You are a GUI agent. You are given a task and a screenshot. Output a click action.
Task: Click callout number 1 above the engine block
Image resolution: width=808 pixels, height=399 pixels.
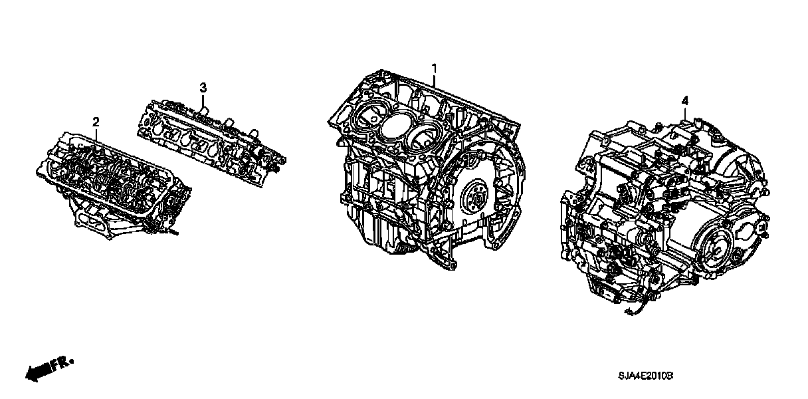pyautogui.click(x=435, y=68)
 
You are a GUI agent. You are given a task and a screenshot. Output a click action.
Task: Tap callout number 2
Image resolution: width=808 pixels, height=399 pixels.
pyautogui.click(x=96, y=122)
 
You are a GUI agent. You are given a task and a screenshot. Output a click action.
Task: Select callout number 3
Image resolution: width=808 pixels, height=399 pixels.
pyautogui.click(x=203, y=87)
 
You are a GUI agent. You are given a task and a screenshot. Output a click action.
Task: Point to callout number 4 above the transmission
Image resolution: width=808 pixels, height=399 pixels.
pyautogui.click(x=685, y=100)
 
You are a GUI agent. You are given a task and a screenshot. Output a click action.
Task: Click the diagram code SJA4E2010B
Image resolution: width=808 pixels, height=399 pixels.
pyautogui.click(x=646, y=376)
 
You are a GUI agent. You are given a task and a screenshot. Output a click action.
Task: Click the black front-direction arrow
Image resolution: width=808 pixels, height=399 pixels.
pyautogui.click(x=39, y=372)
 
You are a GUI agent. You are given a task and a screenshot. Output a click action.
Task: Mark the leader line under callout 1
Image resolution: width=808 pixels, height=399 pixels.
pyautogui.click(x=435, y=80)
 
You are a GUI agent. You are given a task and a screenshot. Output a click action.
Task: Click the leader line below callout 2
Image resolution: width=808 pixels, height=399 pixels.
pyautogui.click(x=96, y=134)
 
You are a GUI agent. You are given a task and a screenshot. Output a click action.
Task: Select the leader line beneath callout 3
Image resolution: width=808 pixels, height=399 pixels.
pyautogui.click(x=203, y=100)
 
